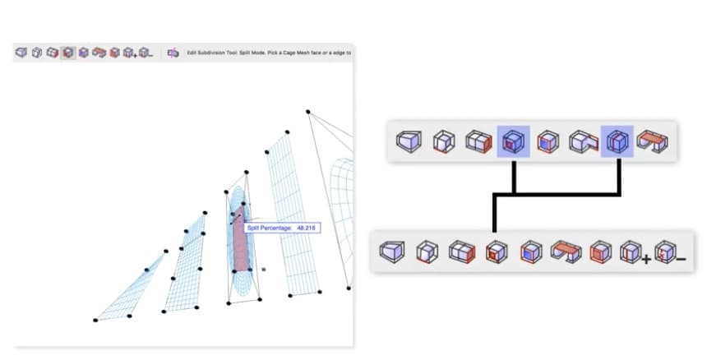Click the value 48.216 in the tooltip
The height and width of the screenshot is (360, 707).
pos(305,228)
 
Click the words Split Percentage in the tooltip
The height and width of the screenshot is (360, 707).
pos(268,228)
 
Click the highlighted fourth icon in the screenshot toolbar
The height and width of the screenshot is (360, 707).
pos(67,53)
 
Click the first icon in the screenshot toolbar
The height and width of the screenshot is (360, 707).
pos(21,53)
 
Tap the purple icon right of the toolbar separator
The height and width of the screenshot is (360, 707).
pos(173,53)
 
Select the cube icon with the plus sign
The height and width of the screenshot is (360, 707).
pos(129,53)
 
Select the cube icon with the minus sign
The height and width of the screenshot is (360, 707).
pos(146,53)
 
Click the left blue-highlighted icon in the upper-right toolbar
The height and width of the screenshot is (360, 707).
pos(513,142)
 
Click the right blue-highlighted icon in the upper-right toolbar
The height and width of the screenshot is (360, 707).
pos(617,142)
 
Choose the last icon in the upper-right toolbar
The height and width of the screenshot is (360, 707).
pos(654,142)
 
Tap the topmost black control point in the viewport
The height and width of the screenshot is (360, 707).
pos(308,112)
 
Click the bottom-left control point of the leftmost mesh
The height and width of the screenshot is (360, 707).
pos(95,319)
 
